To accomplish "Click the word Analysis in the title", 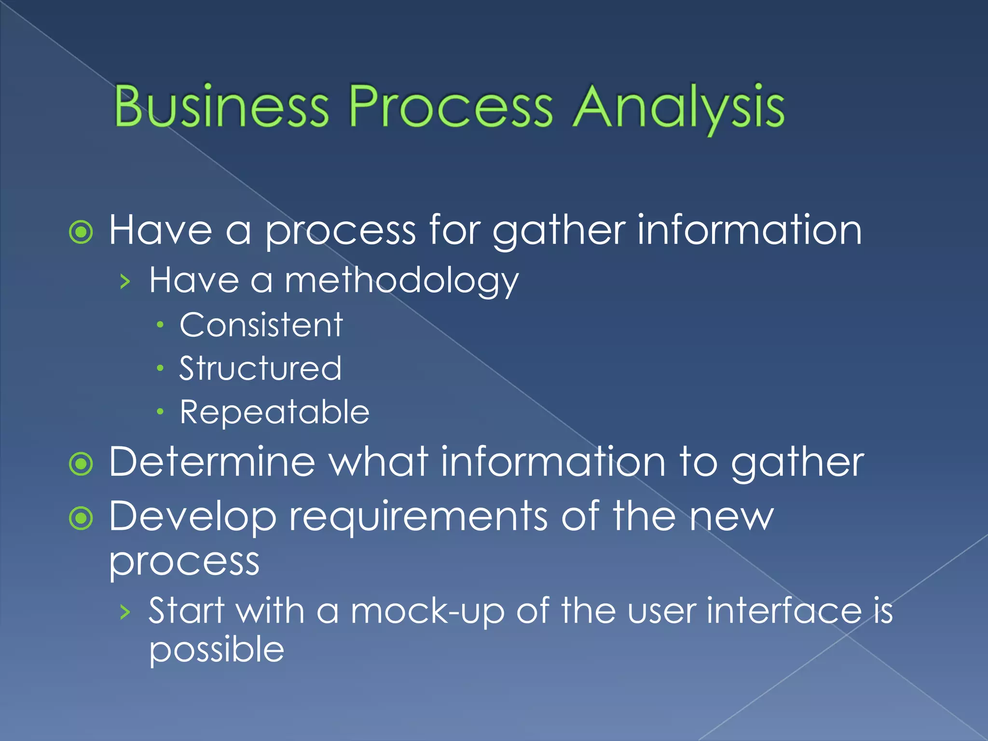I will click(x=678, y=107).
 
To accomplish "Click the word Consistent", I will click(x=261, y=325).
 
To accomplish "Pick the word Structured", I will click(x=261, y=369).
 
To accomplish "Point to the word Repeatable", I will click(x=274, y=412).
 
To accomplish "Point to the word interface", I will click(x=784, y=611).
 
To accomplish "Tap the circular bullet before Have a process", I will click(x=81, y=233).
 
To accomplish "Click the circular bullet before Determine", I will click(x=81, y=464).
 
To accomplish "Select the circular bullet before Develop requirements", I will click(x=81, y=519).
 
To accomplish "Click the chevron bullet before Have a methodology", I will click(x=125, y=281).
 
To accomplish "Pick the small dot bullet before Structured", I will click(x=160, y=369).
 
